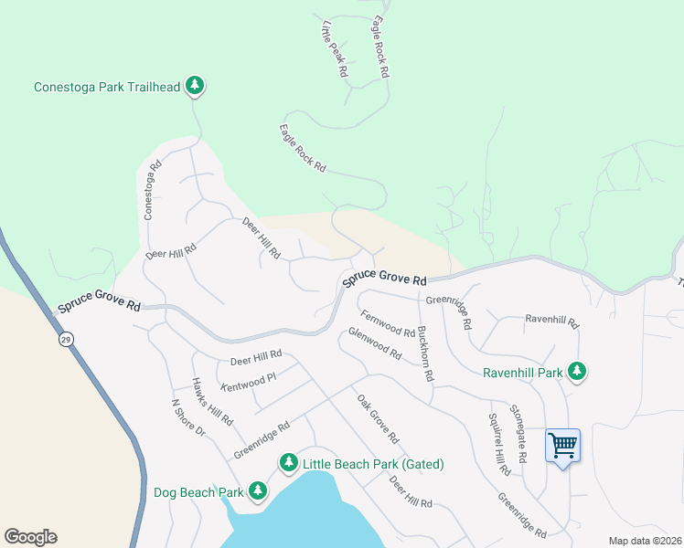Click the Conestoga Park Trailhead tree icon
194,86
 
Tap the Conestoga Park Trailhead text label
106,88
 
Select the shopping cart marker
563,446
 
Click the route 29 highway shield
68,339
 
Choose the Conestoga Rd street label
152,191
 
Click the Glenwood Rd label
374,343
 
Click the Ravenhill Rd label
551,321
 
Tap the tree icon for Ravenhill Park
576,371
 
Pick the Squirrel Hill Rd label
497,443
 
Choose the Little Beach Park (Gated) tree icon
289,464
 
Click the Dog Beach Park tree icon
258,492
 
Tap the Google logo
30,537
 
